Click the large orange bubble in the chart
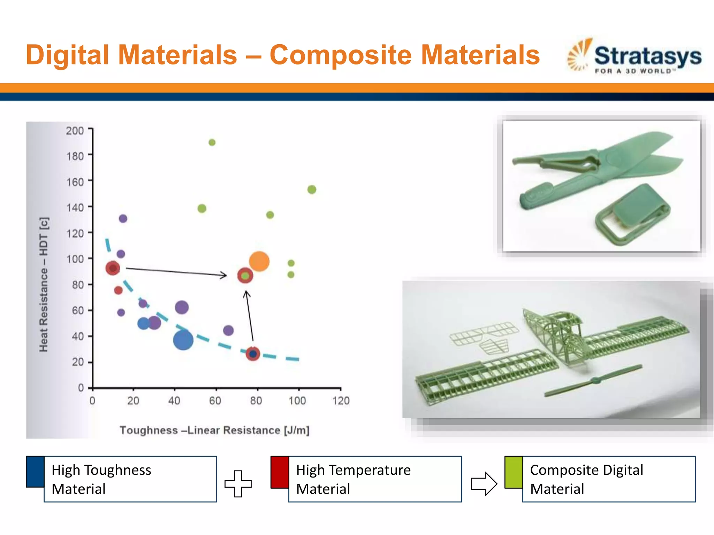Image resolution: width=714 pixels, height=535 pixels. (x=259, y=261)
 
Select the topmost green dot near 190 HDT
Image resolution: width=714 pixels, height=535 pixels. (x=212, y=142)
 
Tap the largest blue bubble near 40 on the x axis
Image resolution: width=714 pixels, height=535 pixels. (x=183, y=340)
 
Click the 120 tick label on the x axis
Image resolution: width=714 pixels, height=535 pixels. (x=341, y=401)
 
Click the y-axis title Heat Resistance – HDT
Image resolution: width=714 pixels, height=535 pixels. (x=44, y=285)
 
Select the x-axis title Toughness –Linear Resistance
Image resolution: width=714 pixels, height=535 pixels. (x=214, y=430)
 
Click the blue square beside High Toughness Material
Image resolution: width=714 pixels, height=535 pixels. (x=35, y=471)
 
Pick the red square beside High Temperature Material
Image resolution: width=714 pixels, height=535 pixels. (x=280, y=472)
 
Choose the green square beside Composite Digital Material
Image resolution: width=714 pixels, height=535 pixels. (x=513, y=472)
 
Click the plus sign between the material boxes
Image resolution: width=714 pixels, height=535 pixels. (x=238, y=483)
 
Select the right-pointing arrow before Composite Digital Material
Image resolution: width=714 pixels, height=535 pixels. (x=484, y=483)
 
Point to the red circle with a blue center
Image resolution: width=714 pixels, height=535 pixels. (x=253, y=354)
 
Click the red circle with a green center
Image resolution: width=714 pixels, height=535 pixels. (x=245, y=276)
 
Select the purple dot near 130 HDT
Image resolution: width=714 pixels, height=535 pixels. (x=123, y=218)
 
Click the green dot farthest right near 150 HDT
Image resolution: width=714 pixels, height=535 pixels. (x=312, y=189)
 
